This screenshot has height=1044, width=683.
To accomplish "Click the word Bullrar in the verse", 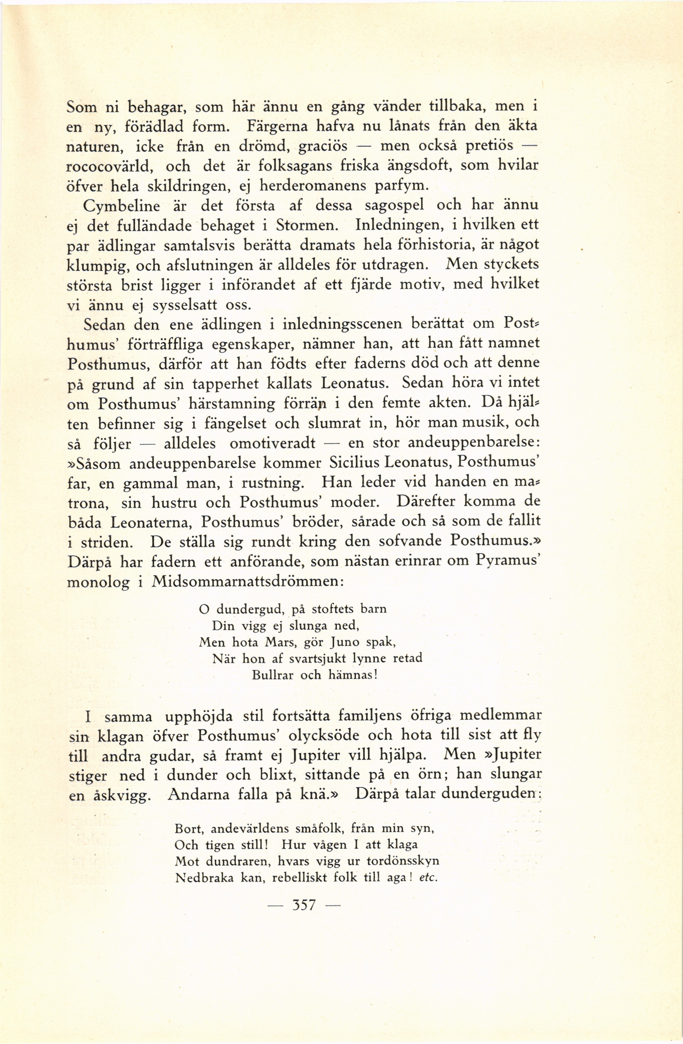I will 273,675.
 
